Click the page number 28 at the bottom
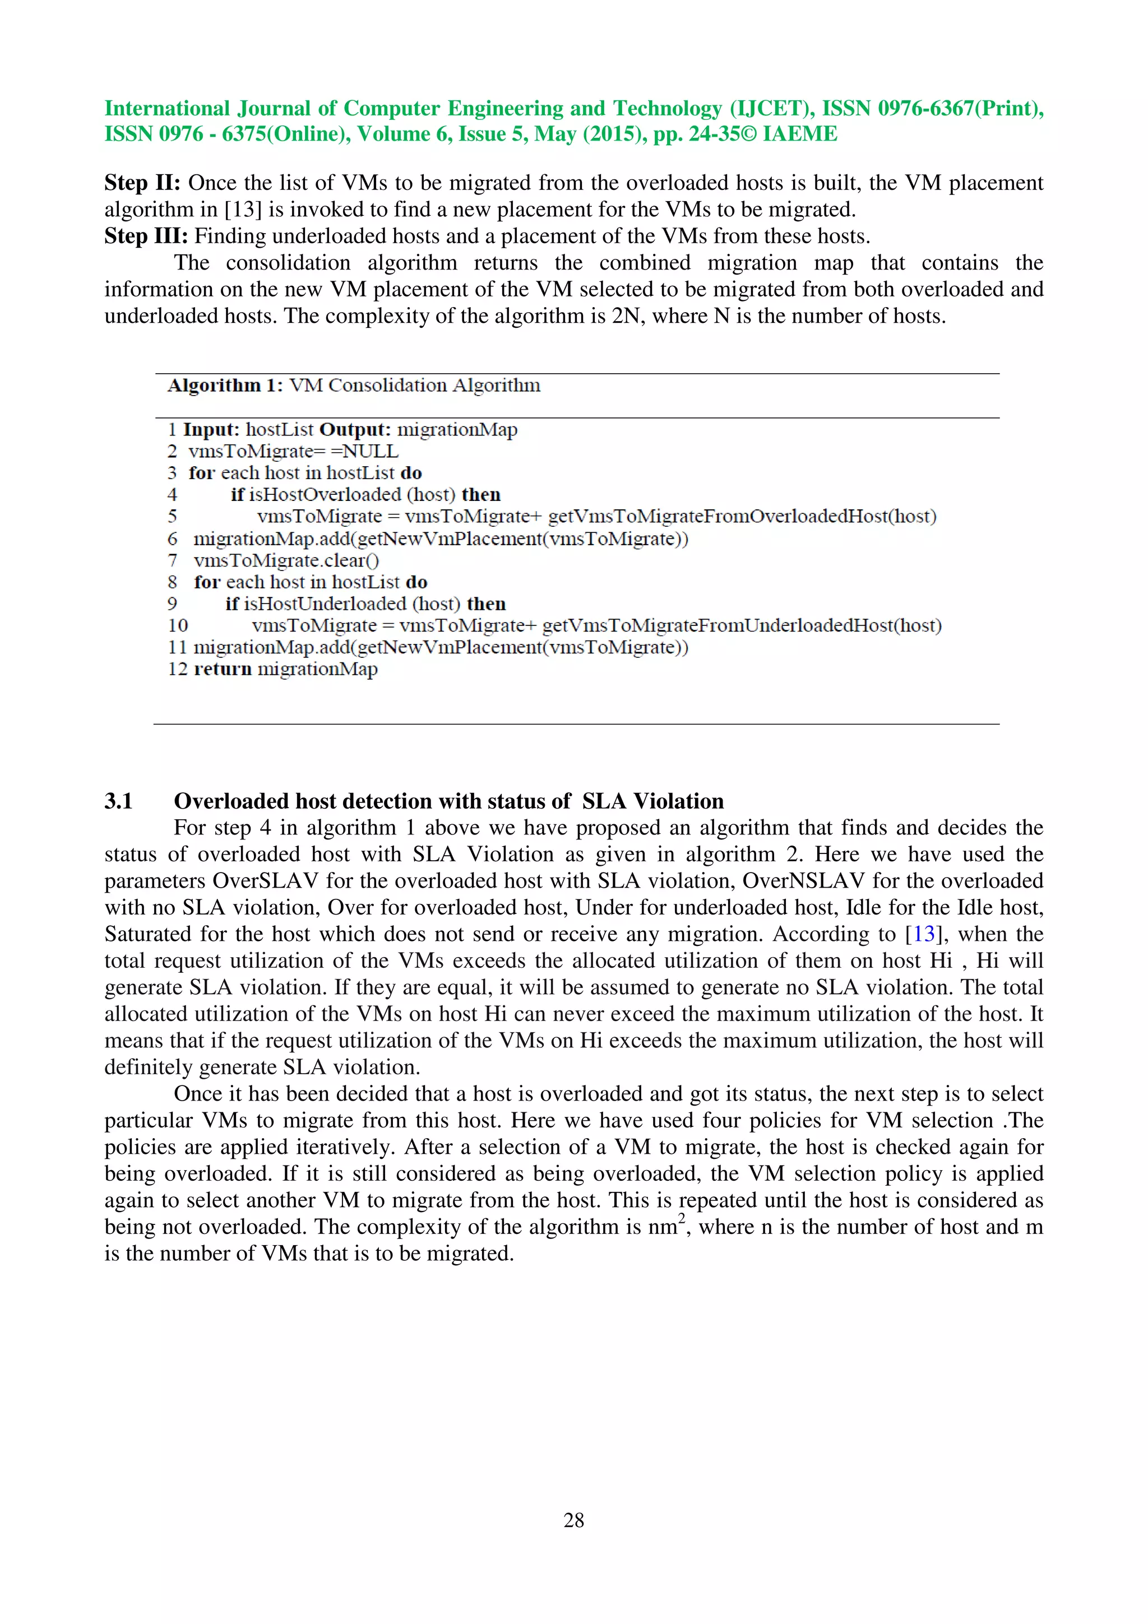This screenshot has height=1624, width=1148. coord(573,1519)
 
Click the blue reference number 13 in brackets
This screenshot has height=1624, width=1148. coord(924,934)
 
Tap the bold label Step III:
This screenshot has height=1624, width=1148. coord(146,235)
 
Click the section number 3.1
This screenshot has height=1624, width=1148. coord(118,801)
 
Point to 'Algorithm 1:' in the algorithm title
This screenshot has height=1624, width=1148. coord(225,386)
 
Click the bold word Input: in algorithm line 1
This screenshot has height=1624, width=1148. coord(211,429)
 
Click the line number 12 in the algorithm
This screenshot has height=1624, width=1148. coord(177,669)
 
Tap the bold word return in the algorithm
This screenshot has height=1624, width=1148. coord(223,669)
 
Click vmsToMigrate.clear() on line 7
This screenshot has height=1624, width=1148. coord(286,560)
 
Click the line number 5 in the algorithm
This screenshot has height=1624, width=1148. coord(172,516)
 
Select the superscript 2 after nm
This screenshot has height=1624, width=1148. coord(682,1217)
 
